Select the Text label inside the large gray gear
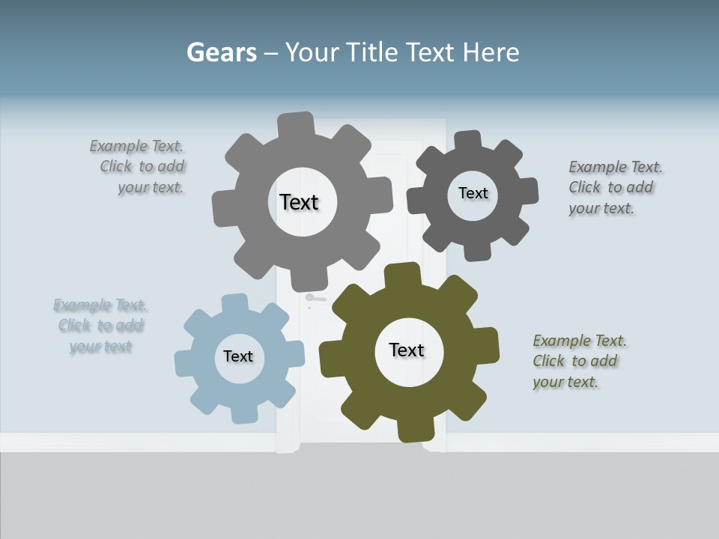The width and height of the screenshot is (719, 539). (299, 202)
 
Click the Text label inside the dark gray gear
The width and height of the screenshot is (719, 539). (473, 193)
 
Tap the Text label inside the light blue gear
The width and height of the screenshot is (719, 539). (238, 356)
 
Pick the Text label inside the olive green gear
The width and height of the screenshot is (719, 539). (407, 350)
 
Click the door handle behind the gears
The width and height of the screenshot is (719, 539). (313, 298)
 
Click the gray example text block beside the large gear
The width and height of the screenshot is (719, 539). (138, 167)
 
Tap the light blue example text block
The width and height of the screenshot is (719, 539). (100, 326)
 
